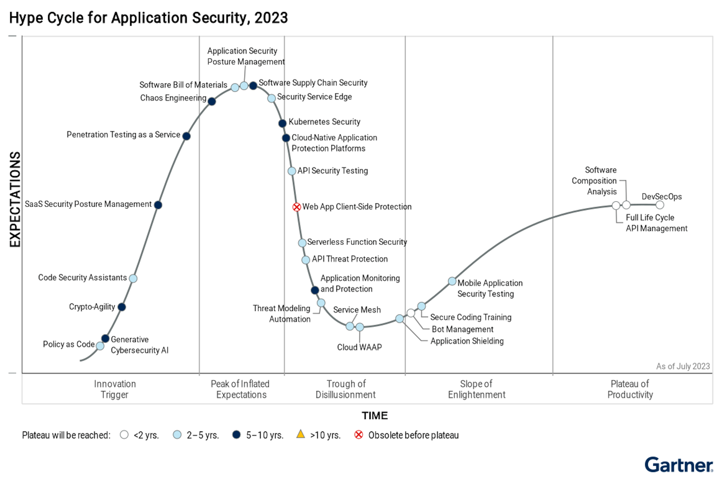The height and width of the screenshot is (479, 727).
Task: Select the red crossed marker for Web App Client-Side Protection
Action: (x=296, y=207)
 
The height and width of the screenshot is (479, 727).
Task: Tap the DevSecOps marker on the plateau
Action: (x=660, y=205)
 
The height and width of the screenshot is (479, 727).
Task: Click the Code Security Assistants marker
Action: (x=133, y=278)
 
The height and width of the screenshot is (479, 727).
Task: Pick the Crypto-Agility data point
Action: (x=122, y=307)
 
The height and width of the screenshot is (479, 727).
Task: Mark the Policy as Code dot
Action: (x=100, y=346)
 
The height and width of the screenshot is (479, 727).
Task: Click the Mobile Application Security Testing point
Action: (x=452, y=281)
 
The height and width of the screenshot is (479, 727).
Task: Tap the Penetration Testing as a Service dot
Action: (x=186, y=136)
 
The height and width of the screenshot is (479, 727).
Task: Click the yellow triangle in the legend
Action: (x=301, y=434)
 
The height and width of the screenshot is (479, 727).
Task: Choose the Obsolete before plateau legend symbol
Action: (x=359, y=434)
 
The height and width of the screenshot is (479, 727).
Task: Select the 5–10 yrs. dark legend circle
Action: (x=236, y=434)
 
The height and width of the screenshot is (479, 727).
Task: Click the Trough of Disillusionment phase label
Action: (x=346, y=389)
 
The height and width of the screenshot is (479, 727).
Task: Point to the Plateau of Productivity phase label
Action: (x=630, y=389)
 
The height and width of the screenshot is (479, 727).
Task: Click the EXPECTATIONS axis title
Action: (x=15, y=199)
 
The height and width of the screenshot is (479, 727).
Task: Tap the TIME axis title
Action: (x=374, y=415)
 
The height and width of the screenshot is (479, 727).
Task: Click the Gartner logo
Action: (x=679, y=465)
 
